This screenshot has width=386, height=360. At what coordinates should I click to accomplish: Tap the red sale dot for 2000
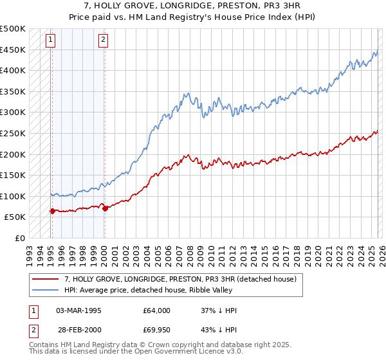tap(105, 208)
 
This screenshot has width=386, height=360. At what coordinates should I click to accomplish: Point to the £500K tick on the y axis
tap(13, 29)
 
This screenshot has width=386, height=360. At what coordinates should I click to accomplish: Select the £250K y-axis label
tap(13, 134)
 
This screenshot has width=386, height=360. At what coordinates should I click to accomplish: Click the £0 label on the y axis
tap(20, 238)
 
